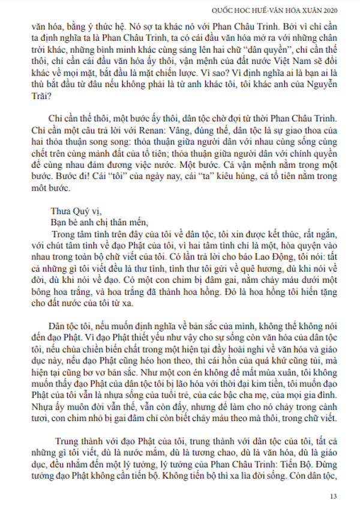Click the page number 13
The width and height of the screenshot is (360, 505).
click(x=334, y=496)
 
